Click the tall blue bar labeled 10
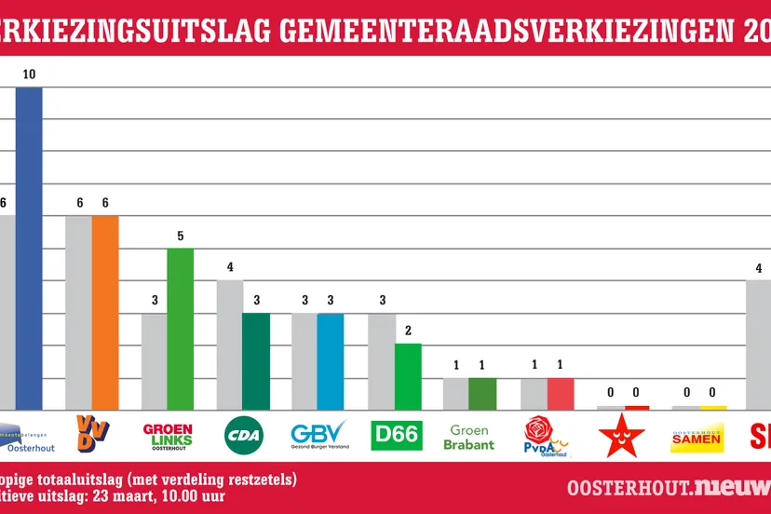coord(29,248)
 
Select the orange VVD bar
coord(105,312)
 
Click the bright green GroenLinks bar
coord(181,329)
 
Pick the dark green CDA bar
coord(256,361)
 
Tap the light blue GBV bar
coord(331,361)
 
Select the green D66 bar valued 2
coord(408,376)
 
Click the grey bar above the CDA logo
coord(230,345)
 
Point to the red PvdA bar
coord(561,393)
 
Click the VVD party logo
coord(92,434)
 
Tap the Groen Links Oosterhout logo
coord(168,435)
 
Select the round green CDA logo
coord(244,435)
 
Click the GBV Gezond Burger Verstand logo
coord(319,435)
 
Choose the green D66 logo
coord(396,435)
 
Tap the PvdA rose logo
coord(547,436)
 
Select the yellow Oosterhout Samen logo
coord(697,436)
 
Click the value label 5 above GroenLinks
coord(181,237)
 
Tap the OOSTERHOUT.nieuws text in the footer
coord(666,487)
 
